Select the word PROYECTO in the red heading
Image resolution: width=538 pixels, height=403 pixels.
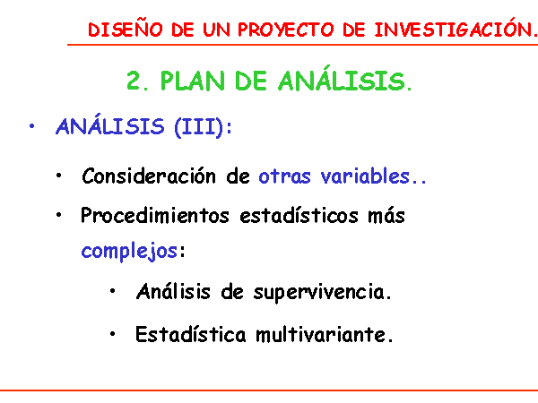286,30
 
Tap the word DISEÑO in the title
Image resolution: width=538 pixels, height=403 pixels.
126,30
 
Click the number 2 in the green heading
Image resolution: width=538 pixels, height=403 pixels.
134,81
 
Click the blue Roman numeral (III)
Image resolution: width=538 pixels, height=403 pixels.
199,127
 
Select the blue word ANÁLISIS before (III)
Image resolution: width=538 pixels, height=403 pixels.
110,124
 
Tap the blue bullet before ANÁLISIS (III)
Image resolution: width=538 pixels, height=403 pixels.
32,126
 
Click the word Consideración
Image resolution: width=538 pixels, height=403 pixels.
149,176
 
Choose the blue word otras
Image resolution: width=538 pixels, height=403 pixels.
284,176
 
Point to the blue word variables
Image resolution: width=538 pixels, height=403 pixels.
365,176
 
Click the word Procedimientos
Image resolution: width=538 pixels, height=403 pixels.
155,216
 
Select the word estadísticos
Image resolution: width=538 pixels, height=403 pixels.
299,216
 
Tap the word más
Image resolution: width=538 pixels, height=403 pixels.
386,216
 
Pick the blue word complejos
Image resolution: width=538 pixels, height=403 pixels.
129,251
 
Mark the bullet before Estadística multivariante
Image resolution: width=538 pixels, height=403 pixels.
113,334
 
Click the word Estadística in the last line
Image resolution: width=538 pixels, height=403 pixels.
191,334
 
